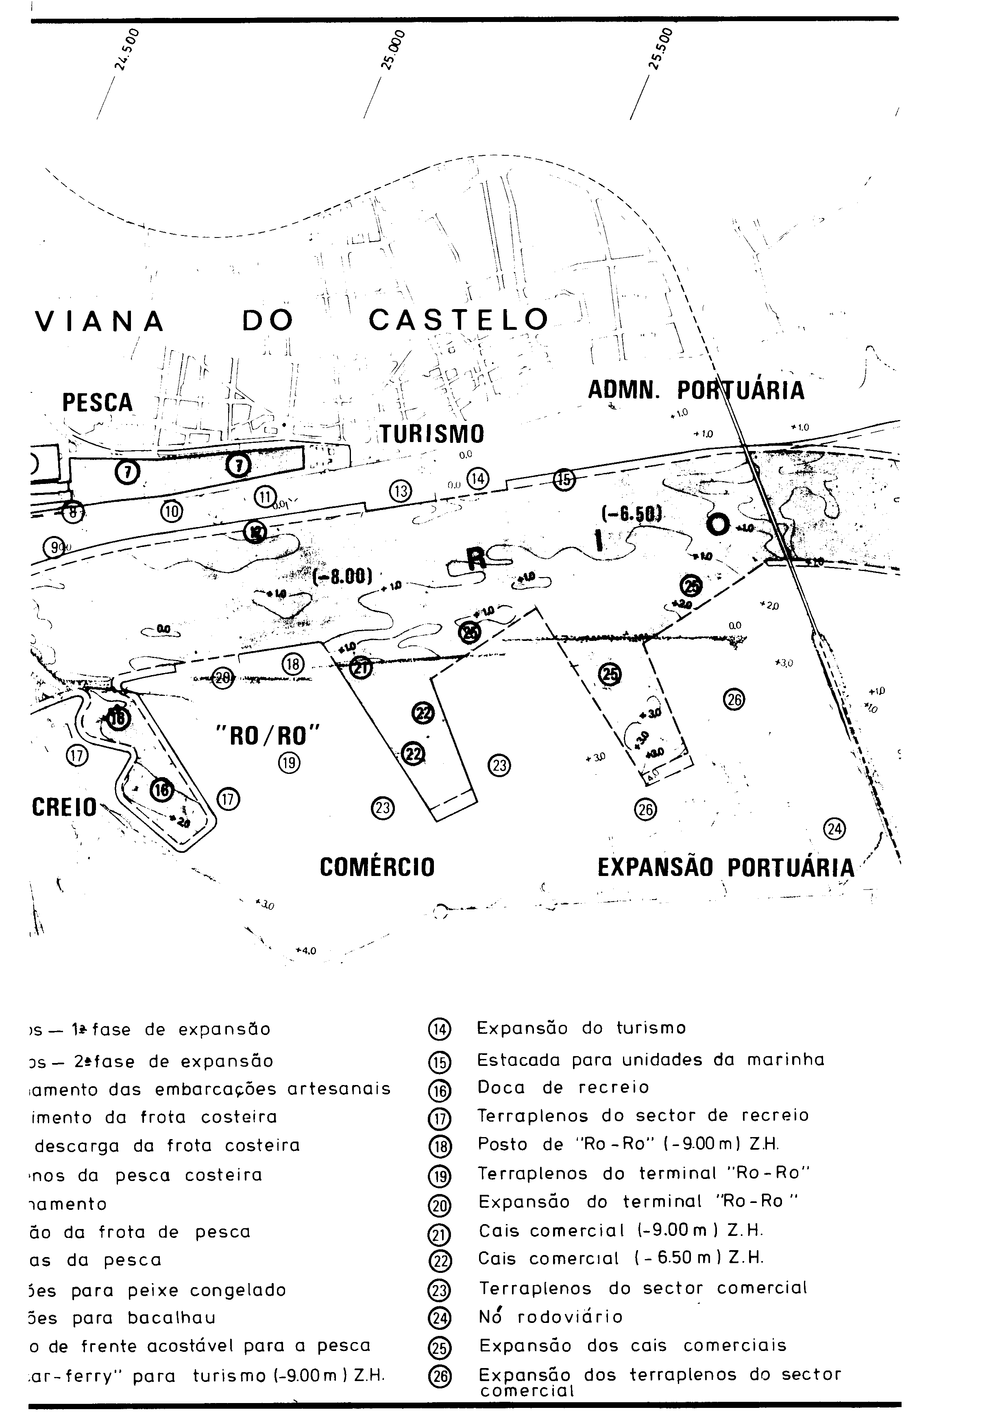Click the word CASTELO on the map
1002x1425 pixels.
(459, 320)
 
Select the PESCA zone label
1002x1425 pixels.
(98, 402)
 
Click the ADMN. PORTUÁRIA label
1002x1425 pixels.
(695, 390)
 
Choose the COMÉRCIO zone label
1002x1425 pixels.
(377, 867)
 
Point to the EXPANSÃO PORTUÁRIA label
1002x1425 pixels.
(726, 867)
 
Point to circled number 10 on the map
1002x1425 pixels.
(172, 511)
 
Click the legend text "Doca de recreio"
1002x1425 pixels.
(563, 1087)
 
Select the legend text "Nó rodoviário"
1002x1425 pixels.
(550, 1317)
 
